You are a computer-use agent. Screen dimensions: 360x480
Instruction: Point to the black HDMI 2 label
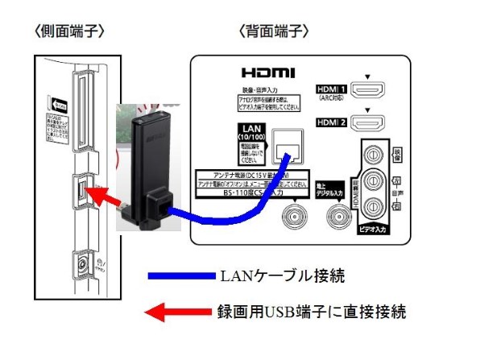click(331, 122)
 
